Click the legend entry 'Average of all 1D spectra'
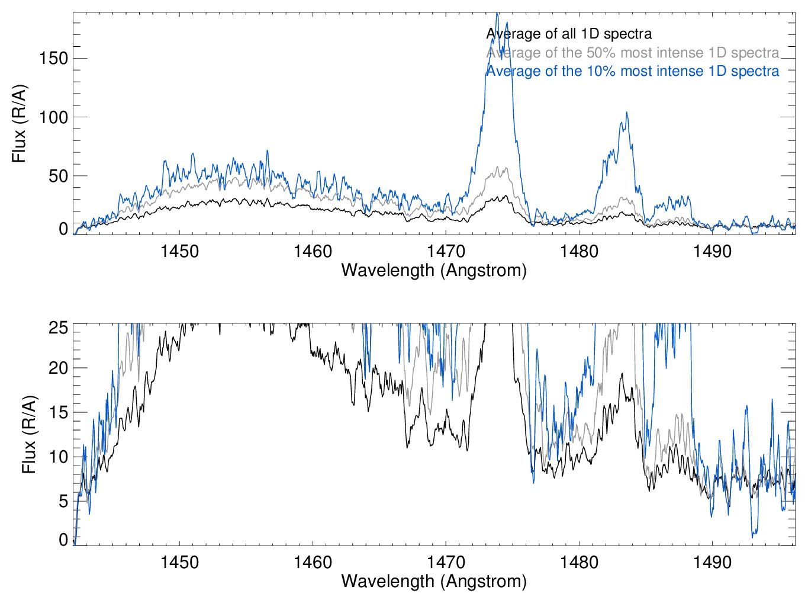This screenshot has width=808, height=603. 569,34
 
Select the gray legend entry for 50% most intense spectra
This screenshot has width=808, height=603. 632,53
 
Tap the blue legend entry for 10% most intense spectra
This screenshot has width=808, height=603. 632,71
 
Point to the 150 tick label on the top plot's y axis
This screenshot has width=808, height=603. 53,58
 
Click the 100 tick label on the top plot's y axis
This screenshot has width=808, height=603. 53,117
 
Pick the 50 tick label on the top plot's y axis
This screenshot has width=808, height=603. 58,176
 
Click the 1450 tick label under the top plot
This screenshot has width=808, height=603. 179,251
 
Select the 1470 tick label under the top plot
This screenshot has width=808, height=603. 446,251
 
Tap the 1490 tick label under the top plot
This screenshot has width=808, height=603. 712,251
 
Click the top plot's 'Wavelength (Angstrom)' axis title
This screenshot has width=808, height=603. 434,271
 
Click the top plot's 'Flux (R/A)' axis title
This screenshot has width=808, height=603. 19,124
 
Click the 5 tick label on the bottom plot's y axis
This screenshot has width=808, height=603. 63,501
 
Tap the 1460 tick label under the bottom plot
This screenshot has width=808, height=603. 313,562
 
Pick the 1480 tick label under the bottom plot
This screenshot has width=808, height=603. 579,562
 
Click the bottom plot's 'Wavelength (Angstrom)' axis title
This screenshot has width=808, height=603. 434,581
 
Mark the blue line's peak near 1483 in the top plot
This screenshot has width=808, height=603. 626,113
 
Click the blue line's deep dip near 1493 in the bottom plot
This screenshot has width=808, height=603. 754,537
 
